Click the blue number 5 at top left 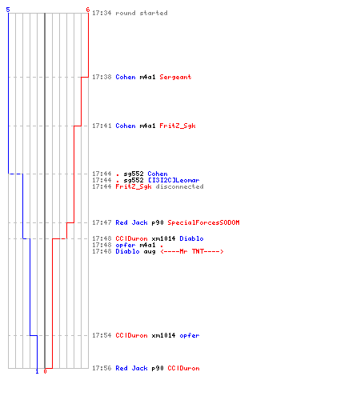pos(8,10)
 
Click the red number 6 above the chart pos(88,10)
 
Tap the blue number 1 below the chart pos(37,371)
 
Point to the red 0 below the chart pos(45,371)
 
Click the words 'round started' pos(142,13)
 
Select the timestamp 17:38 pos(102,77)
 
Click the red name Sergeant pos(175,77)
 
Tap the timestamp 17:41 pos(102,126)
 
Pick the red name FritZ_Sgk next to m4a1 pos(178,126)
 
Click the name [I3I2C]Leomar pos(174,180)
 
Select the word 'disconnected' pos(179,186)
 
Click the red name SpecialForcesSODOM pos(203,222)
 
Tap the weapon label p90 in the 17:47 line pos(158,223)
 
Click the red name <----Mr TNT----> pos(192,251)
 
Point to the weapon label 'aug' pos(150,252)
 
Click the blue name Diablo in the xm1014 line pos(191,238)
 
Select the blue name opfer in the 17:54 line pos(190,336)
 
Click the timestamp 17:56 pos(102,368)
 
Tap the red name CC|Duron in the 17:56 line pos(183,368)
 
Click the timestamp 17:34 pos(102,13)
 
